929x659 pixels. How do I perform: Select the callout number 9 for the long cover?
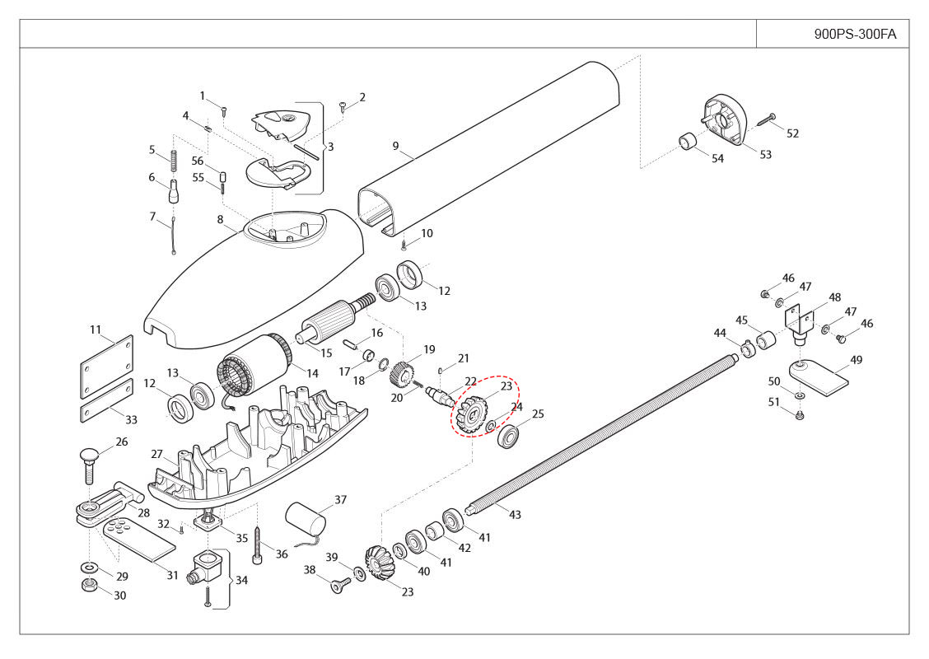point(396,147)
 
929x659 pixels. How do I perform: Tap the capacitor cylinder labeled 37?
point(306,521)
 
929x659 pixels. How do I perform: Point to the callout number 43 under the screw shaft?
point(515,515)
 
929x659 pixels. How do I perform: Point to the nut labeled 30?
point(89,586)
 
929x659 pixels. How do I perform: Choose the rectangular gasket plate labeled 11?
point(107,367)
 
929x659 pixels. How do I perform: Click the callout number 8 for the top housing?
point(220,219)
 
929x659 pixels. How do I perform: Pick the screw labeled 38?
point(338,586)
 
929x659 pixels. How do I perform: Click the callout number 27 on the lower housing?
point(156,454)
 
